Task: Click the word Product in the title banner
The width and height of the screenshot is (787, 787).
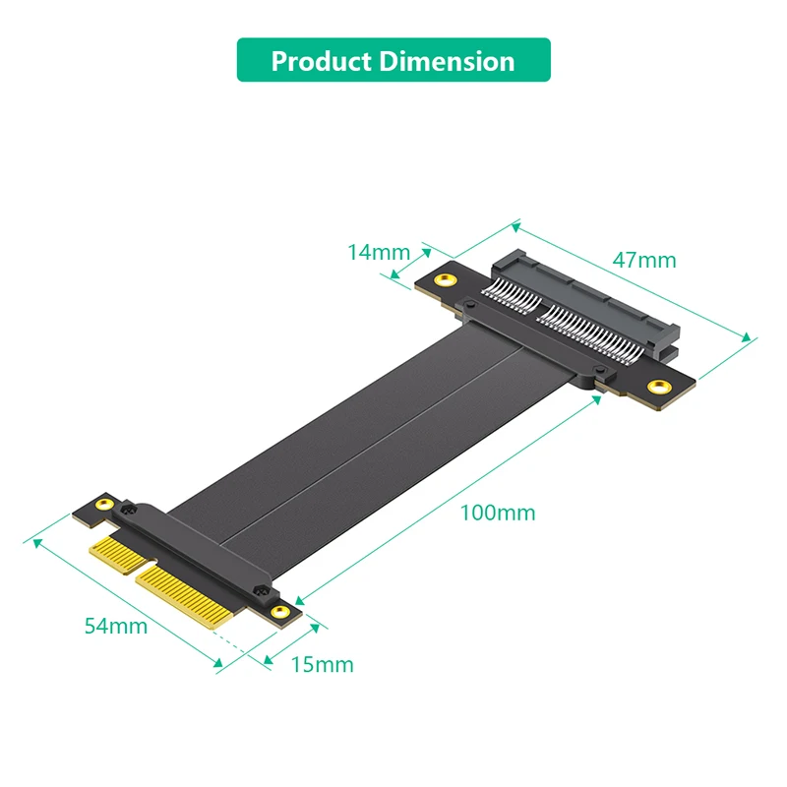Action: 321,61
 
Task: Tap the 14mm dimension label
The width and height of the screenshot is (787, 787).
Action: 378,253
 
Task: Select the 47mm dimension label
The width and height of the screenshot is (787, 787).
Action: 644,261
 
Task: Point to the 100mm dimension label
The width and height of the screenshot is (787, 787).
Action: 498,513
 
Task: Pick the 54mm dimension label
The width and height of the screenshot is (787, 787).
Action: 117,626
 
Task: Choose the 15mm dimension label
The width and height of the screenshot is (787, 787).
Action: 322,664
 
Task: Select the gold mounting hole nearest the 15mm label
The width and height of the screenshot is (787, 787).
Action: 282,612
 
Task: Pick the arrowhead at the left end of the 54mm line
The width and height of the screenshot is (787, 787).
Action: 30,539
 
